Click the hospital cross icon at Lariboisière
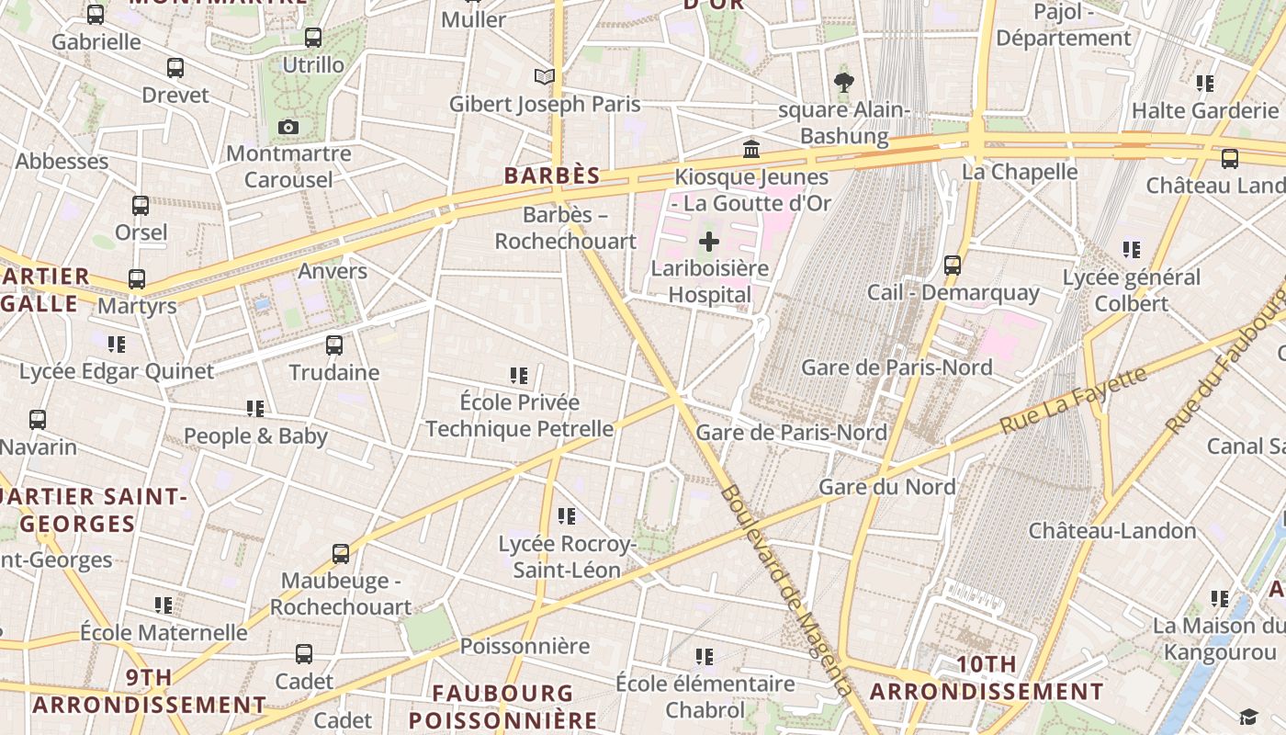pos(709,243)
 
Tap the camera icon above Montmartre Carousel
pos(288,127)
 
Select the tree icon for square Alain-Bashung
pos(844,83)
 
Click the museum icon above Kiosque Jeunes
pos(751,150)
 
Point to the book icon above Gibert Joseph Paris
pos(545,77)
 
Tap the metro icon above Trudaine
pos(334,345)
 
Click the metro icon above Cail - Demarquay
pos(953,266)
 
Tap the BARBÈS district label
pos(551,175)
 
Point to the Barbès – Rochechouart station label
pos(565,228)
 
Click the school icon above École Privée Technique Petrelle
pos(519,376)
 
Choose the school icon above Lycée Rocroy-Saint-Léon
pos(567,517)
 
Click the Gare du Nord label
pos(886,487)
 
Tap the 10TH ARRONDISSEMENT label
pos(987,678)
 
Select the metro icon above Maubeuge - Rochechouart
pos(341,554)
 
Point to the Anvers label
pos(333,271)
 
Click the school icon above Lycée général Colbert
pos(1132,250)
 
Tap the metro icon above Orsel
pos(141,206)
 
